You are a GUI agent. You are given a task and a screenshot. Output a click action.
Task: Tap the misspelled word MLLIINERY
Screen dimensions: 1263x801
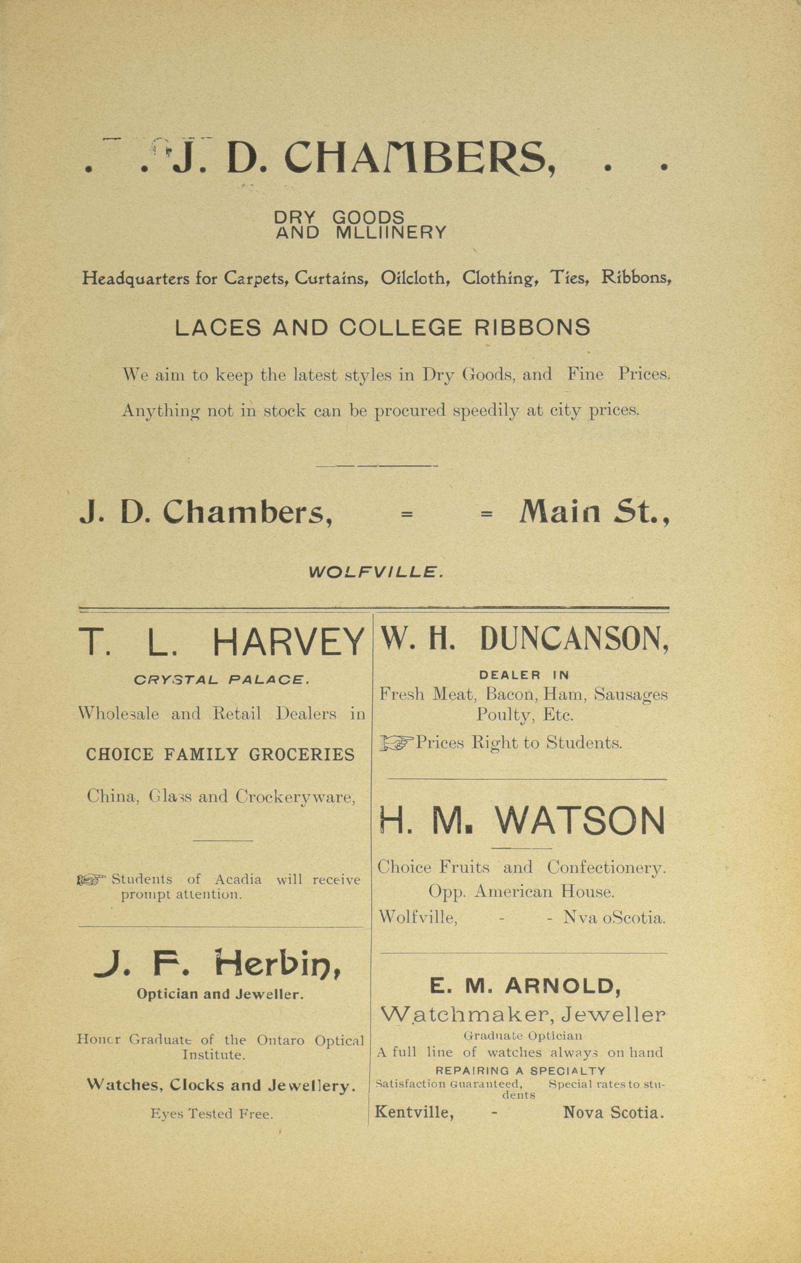[391, 232]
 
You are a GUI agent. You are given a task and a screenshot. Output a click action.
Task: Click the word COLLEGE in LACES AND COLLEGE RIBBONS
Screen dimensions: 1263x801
[400, 328]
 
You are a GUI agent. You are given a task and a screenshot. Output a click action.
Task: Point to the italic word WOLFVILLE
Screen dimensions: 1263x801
[376, 572]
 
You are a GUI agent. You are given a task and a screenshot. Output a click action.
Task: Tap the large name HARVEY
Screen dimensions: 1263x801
[288, 642]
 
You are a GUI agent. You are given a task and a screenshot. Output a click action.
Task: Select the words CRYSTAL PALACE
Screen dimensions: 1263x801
[221, 680]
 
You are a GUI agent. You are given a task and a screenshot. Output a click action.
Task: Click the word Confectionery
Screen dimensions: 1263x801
[606, 867]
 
